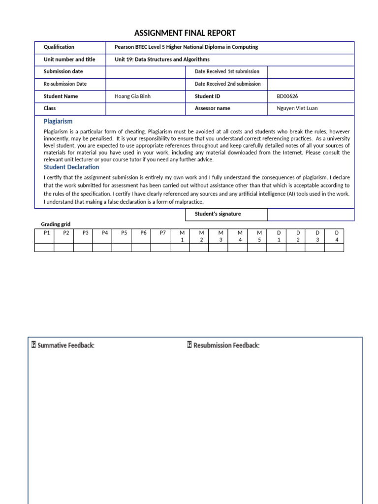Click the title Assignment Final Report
tap(185, 33)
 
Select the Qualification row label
tap(59, 47)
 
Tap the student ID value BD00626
tap(287, 96)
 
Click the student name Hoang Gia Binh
tap(132, 96)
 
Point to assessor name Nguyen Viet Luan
tap(297, 108)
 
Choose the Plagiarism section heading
tap(58, 121)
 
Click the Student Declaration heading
tap(71, 167)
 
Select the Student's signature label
tap(218, 214)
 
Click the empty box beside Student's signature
tap(311, 214)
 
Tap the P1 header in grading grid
tap(47, 233)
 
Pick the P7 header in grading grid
tap(163, 233)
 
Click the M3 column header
tap(220, 236)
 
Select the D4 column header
tap(337, 236)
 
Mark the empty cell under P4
tap(104, 247)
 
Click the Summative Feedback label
tap(63, 346)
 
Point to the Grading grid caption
tap(56, 224)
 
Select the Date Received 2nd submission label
tap(227, 84)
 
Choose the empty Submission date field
tap(146, 72)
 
